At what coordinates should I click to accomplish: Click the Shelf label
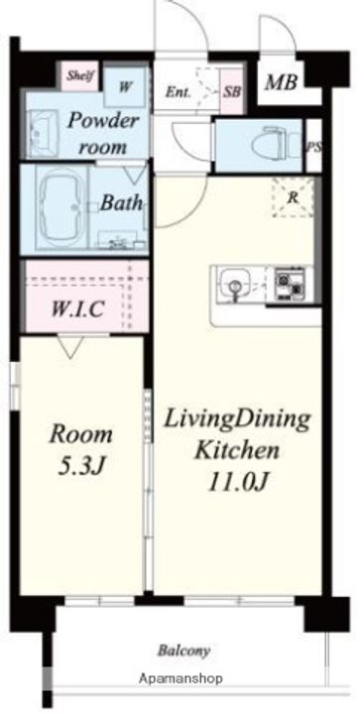pos(80,75)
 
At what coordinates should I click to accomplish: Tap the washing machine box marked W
pos(125,86)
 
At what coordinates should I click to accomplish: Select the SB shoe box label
pos(232,91)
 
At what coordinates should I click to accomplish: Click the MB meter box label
pos(282,82)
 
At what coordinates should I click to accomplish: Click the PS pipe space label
pos(312,147)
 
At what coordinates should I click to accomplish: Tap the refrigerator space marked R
pos(294,197)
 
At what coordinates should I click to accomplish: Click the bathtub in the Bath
pos(61,207)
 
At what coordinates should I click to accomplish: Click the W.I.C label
pos(76,309)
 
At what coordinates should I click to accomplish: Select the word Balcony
pos(183,650)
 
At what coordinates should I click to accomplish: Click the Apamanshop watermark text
pos(180,678)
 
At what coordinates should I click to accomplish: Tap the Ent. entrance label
pos(178,92)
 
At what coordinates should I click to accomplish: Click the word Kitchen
pos(237,450)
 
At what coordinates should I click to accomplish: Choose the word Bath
pos(121,203)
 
